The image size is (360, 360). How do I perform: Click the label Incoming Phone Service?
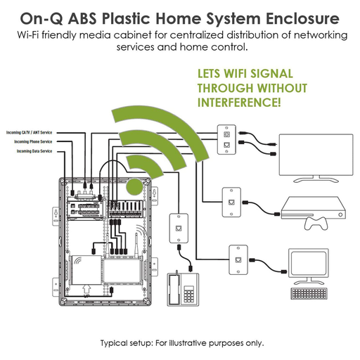(x=33, y=142)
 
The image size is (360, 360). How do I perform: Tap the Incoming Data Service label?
(x=34, y=151)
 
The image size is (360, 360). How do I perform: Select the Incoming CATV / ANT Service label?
(x=29, y=133)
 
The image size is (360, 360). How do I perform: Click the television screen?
(x=316, y=155)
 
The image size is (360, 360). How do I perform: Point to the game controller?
(x=316, y=224)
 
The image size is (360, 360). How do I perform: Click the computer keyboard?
(x=309, y=293)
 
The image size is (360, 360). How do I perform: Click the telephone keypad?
(x=188, y=294)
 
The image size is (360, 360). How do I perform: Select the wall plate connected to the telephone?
(x=179, y=229)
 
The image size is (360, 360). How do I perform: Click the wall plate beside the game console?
(x=231, y=202)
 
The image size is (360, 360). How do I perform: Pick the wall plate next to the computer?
(x=238, y=259)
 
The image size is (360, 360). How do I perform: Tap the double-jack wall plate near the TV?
(x=226, y=139)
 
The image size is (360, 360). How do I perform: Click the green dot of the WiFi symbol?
(x=134, y=187)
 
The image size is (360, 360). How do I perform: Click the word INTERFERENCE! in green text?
(x=239, y=103)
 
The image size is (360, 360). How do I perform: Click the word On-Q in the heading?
(x=41, y=18)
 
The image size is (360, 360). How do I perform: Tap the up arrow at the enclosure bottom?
(x=86, y=289)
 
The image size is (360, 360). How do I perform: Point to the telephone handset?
(x=174, y=289)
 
